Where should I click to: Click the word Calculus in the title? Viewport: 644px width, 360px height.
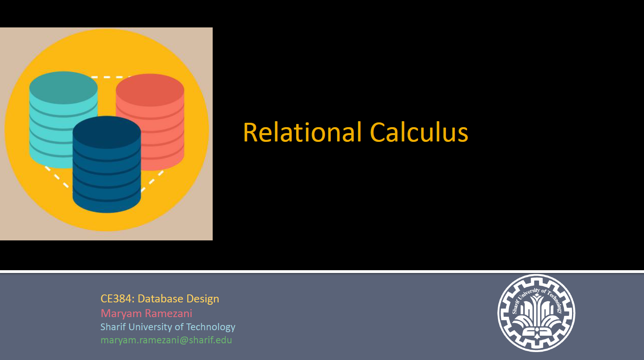point(419,132)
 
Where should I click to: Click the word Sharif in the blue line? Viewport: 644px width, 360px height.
point(113,327)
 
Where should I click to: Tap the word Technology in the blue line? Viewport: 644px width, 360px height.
point(211,327)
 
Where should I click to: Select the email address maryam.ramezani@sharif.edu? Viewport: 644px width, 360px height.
point(166,340)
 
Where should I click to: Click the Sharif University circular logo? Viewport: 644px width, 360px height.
point(536,313)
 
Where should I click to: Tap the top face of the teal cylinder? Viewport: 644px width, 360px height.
point(64,87)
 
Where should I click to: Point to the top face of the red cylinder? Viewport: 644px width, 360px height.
point(150,89)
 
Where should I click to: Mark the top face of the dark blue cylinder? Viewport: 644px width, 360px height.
point(107,132)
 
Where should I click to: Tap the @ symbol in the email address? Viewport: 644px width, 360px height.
point(184,341)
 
